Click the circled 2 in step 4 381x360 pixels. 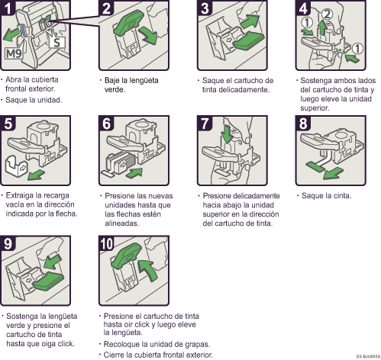click(x=328, y=13)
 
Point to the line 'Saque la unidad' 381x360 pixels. click(x=34, y=100)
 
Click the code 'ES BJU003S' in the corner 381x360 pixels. click(x=365, y=356)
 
